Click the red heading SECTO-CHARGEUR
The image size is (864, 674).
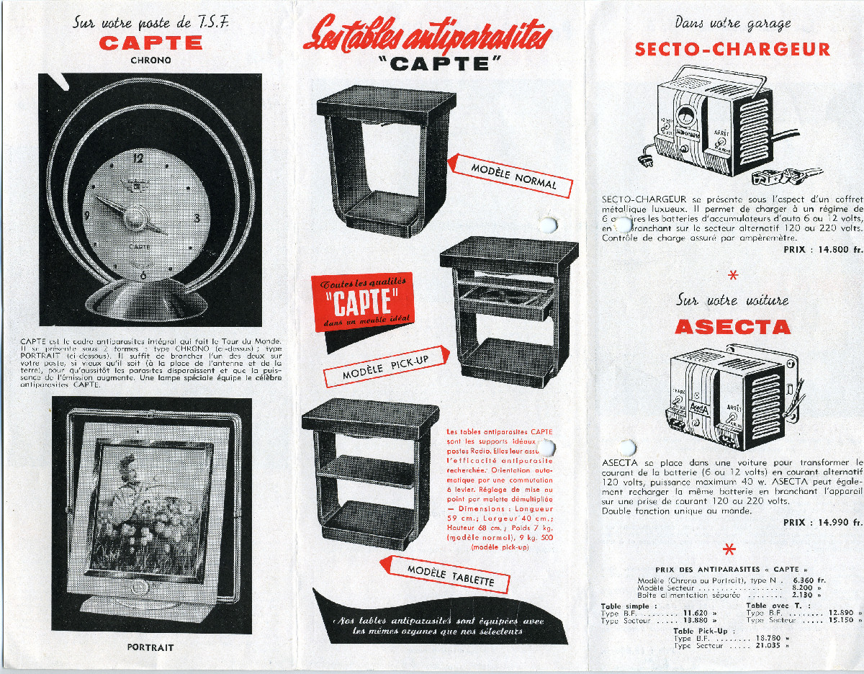coord(732,50)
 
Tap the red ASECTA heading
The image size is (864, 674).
coord(732,327)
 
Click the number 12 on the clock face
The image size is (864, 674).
coord(139,158)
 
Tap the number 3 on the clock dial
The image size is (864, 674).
coord(197,217)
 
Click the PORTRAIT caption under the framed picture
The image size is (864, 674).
coord(150,647)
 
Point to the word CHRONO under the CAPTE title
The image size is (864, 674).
coord(150,60)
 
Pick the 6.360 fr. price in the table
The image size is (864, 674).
coord(808,580)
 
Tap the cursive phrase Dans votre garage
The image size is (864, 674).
coord(732,23)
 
